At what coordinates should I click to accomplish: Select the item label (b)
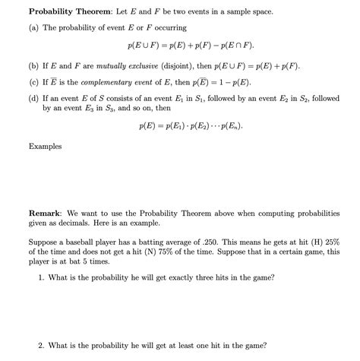click(x=35, y=66)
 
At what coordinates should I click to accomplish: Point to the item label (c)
click(x=35, y=82)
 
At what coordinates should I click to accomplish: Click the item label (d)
click(x=35, y=98)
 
